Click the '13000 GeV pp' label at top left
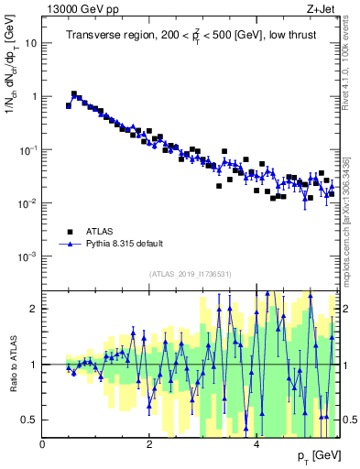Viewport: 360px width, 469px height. coord(81,9)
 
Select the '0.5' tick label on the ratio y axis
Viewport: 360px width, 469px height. coord(30,420)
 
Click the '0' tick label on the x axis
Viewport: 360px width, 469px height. coord(43,444)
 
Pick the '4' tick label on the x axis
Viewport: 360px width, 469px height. coord(256,444)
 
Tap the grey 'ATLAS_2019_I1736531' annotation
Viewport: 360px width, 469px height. coord(190,274)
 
